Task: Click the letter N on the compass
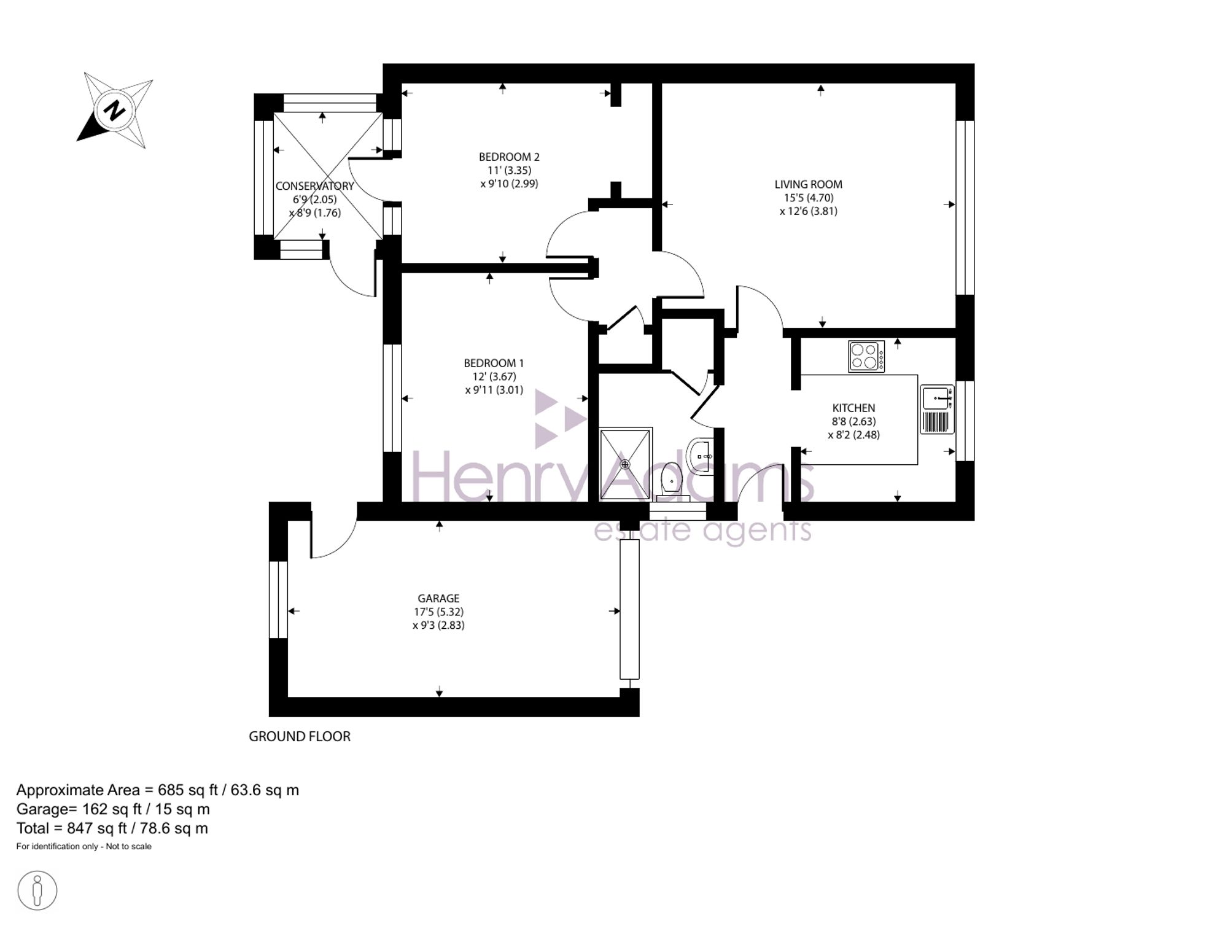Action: [x=114, y=111]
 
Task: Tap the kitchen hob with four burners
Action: [x=866, y=356]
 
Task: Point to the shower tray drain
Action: [x=625, y=464]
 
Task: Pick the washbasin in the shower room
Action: [x=701, y=456]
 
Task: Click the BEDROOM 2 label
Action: [x=509, y=157]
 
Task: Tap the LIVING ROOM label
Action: [x=808, y=184]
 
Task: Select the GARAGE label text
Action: [x=438, y=598]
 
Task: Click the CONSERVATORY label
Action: [x=314, y=186]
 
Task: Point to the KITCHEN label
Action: [x=853, y=408]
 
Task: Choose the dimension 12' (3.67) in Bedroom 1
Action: [x=494, y=376]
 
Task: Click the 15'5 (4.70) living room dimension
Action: [x=808, y=198]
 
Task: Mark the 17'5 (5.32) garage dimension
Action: [x=438, y=612]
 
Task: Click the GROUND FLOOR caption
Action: [x=300, y=736]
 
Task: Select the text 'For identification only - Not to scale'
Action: [x=84, y=846]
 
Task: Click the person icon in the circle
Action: [x=37, y=890]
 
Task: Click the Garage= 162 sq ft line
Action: [x=113, y=809]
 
